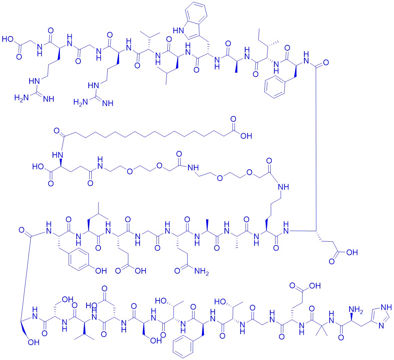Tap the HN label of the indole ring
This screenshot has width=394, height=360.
[178, 31]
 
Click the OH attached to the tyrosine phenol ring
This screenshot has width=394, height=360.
[101, 271]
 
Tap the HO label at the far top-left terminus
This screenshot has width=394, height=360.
[7, 39]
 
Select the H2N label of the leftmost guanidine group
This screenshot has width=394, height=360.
[21, 98]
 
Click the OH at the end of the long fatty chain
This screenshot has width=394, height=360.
[246, 136]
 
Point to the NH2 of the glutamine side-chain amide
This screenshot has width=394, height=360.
[201, 271]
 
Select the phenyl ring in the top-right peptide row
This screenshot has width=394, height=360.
[275, 87]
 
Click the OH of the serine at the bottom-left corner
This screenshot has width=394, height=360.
[34, 342]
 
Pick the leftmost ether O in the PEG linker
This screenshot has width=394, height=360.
[130, 172]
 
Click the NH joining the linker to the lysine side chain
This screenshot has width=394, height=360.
[283, 187]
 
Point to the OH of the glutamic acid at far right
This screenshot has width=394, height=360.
[352, 252]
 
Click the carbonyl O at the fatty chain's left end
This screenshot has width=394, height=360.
[57, 131]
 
